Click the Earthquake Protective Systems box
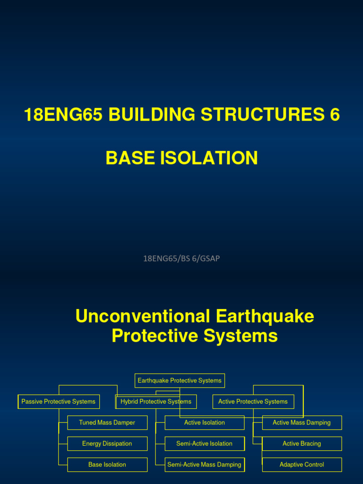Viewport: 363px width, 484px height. (180, 380)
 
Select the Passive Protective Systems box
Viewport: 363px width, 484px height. (59, 402)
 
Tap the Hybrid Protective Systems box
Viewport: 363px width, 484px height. (156, 402)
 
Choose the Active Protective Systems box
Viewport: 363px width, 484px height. (253, 402)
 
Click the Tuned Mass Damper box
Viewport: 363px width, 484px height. (107, 423)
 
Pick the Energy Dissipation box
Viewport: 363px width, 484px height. (107, 444)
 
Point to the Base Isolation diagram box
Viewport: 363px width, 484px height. (107, 465)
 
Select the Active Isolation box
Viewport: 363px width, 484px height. (205, 423)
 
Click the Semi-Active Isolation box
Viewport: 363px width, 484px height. (205, 444)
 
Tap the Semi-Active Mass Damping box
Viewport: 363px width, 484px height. (205, 465)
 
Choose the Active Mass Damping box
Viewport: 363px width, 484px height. (302, 423)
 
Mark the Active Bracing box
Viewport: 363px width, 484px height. (302, 444)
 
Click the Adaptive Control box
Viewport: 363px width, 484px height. (302, 465)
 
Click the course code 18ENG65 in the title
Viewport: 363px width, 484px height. (63, 115)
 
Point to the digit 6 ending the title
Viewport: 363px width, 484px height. (335, 115)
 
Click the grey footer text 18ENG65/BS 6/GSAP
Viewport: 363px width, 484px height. (181, 259)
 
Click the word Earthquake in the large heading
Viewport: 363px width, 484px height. (264, 316)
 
